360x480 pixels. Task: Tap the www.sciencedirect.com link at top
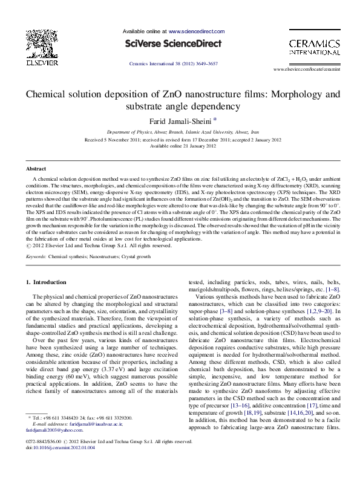point(192,30)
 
